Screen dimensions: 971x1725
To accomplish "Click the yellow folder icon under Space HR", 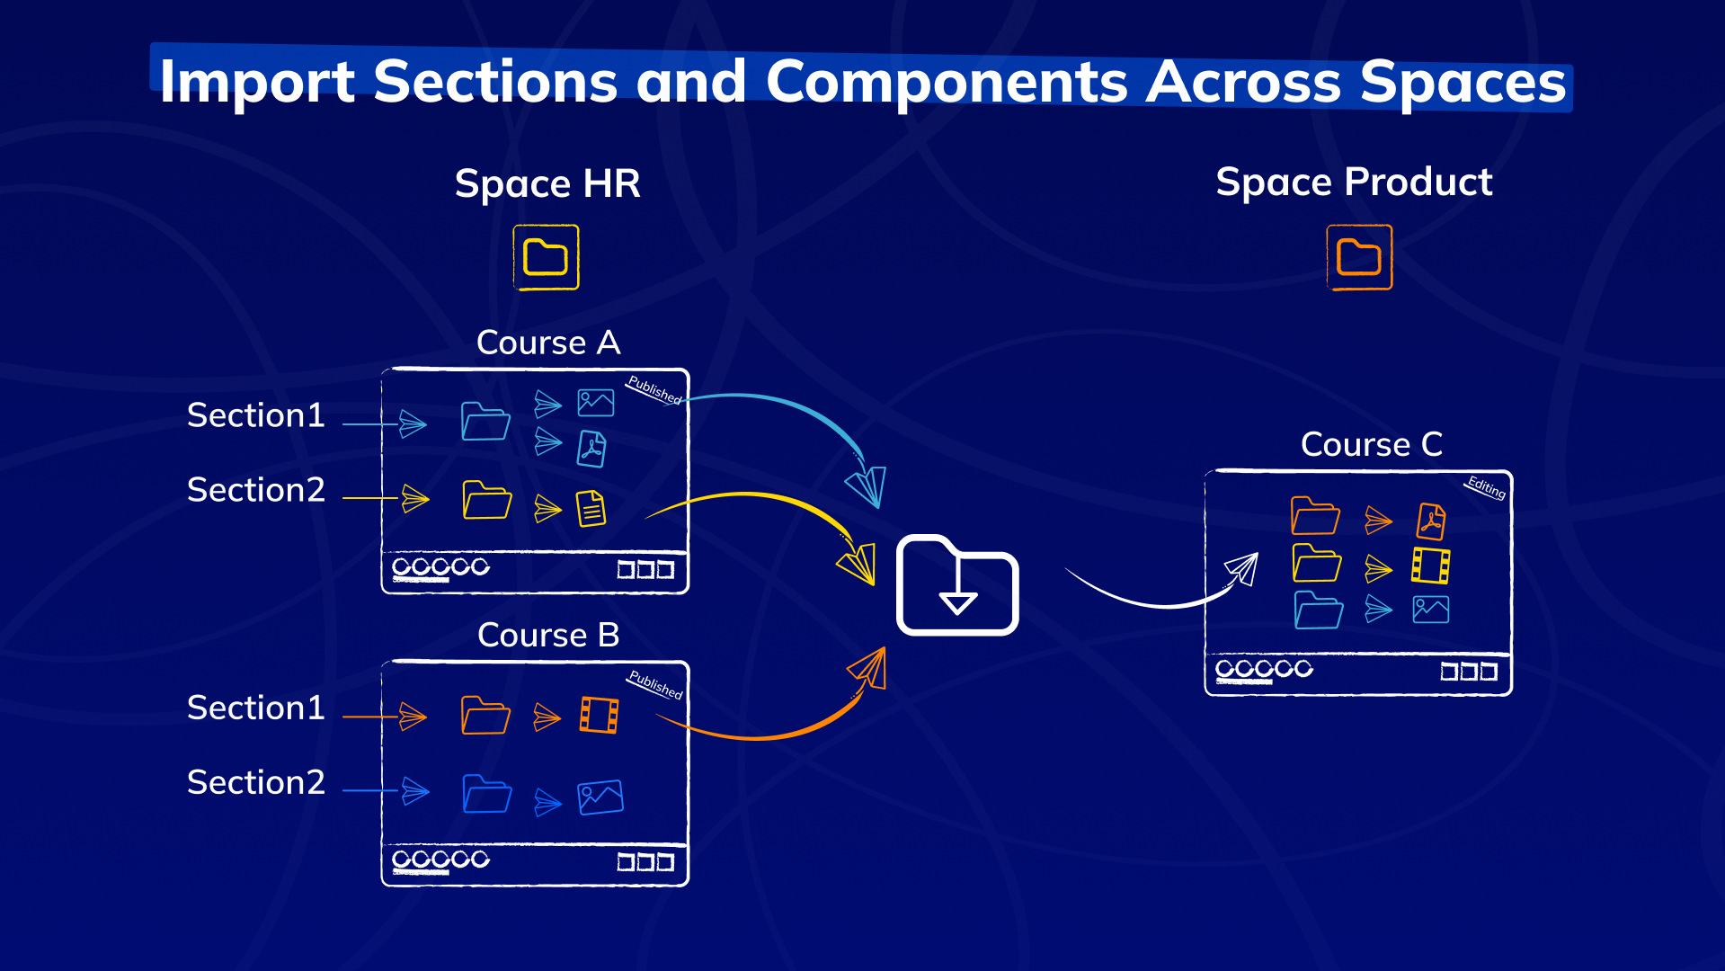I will tap(546, 258).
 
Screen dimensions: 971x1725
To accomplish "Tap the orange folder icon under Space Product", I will tap(1359, 258).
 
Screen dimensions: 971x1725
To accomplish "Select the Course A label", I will tap(548, 343).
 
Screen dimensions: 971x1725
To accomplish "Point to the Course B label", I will tap(548, 636).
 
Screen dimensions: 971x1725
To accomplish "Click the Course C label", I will tap(1372, 444).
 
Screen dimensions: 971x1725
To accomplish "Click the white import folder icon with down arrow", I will tap(957, 585).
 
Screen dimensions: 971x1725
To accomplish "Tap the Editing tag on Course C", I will tap(1486, 486).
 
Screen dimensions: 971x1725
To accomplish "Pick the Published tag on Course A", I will tap(654, 389).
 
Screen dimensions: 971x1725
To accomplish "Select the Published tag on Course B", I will tap(655, 684).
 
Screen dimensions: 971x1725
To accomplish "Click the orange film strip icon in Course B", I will tap(599, 716).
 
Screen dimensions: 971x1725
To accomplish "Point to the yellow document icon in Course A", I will tap(591, 508).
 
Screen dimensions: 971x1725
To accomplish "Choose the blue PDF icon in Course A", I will tap(591, 449).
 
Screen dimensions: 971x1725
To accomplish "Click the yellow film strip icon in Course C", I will tap(1430, 566).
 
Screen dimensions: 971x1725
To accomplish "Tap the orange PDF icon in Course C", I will tap(1431, 521).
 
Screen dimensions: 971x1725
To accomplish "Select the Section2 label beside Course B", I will tap(256, 782).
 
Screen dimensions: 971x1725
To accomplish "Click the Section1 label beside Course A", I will tap(256, 415).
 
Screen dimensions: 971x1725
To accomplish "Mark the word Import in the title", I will tap(257, 82).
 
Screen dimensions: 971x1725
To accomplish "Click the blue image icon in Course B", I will tap(600, 797).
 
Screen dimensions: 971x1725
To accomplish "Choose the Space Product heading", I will tap(1354, 183).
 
